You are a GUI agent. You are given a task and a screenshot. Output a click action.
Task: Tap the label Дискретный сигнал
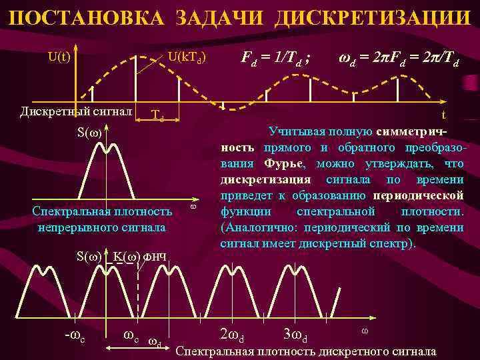pos(76,110)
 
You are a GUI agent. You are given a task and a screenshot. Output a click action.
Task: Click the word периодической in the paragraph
pos(419,196)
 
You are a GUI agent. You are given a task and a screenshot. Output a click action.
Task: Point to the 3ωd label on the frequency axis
pos(295,333)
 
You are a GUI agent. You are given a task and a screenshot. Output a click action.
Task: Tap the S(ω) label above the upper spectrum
pos(89,131)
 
